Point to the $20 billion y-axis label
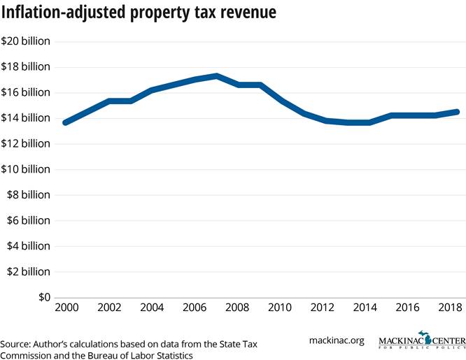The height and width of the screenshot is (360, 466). click(26, 41)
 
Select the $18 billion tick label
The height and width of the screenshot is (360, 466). click(26, 67)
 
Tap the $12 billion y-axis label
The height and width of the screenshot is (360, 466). click(26, 143)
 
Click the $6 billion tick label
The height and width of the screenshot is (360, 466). click(26, 220)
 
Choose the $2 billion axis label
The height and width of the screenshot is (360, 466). click(26, 271)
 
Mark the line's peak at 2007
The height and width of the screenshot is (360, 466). click(217, 75)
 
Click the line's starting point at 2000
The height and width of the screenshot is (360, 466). click(65, 122)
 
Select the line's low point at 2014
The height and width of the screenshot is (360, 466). click(368, 122)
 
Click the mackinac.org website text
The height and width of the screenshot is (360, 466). click(337, 340)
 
